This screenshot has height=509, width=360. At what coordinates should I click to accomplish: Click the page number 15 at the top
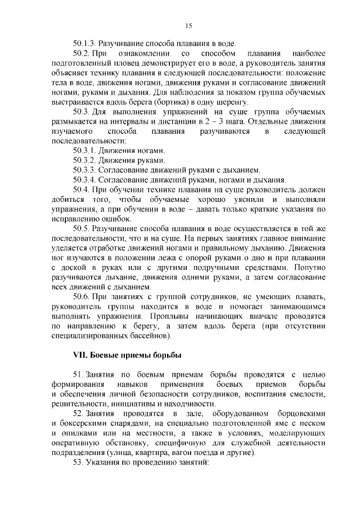click(x=188, y=25)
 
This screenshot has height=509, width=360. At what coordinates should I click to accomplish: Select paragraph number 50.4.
click(x=81, y=190)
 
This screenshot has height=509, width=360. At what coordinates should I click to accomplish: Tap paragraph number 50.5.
click(x=81, y=229)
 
